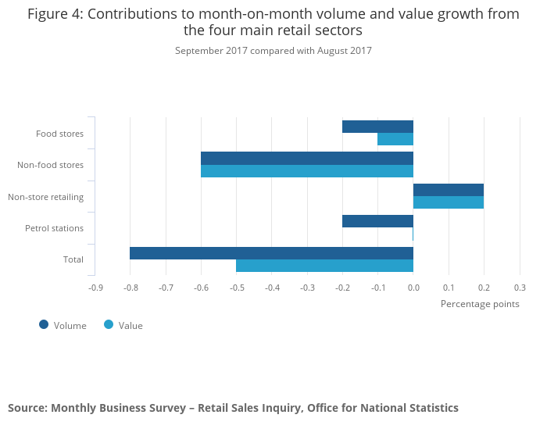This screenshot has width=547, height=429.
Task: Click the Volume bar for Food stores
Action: click(x=377, y=127)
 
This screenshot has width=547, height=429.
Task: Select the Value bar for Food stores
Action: click(x=395, y=139)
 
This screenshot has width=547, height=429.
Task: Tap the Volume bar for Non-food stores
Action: click(x=306, y=158)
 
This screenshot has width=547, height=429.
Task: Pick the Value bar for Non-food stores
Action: click(x=306, y=171)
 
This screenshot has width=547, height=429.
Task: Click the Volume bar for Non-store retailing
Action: click(x=449, y=190)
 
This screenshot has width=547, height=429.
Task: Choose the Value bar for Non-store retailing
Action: click(x=449, y=202)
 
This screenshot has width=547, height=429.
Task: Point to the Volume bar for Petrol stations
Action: click(x=377, y=221)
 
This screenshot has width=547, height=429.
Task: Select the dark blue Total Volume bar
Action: click(x=271, y=253)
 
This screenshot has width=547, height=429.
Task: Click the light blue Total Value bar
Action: click(x=324, y=266)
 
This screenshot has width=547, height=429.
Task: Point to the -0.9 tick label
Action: click(x=95, y=288)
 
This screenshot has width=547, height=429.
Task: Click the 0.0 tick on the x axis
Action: click(x=413, y=288)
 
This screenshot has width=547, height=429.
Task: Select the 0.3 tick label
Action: click(x=520, y=288)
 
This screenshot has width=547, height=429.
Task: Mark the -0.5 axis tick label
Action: click(x=236, y=288)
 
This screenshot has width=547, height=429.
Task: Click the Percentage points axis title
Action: click(x=480, y=303)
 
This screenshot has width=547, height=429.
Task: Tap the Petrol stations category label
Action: click(x=54, y=228)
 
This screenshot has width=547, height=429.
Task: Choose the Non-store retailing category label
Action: click(x=46, y=196)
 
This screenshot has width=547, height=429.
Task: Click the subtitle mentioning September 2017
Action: click(x=273, y=51)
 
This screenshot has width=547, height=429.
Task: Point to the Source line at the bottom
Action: click(x=233, y=408)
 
